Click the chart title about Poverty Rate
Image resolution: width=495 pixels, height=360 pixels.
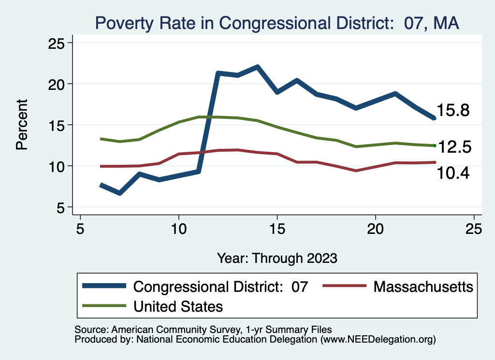tap(277, 23)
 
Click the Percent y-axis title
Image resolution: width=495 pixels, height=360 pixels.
tap(22, 125)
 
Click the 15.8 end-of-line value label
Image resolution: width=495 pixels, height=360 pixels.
tap(453, 110)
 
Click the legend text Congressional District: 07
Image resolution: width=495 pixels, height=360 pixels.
tap(220, 287)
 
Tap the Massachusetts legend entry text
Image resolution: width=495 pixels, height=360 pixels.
tap(423, 287)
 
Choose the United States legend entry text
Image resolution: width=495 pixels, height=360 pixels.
tap(178, 306)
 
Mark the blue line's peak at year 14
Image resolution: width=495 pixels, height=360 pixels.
tap(258, 67)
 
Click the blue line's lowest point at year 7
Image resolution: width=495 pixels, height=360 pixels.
tap(119, 193)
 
